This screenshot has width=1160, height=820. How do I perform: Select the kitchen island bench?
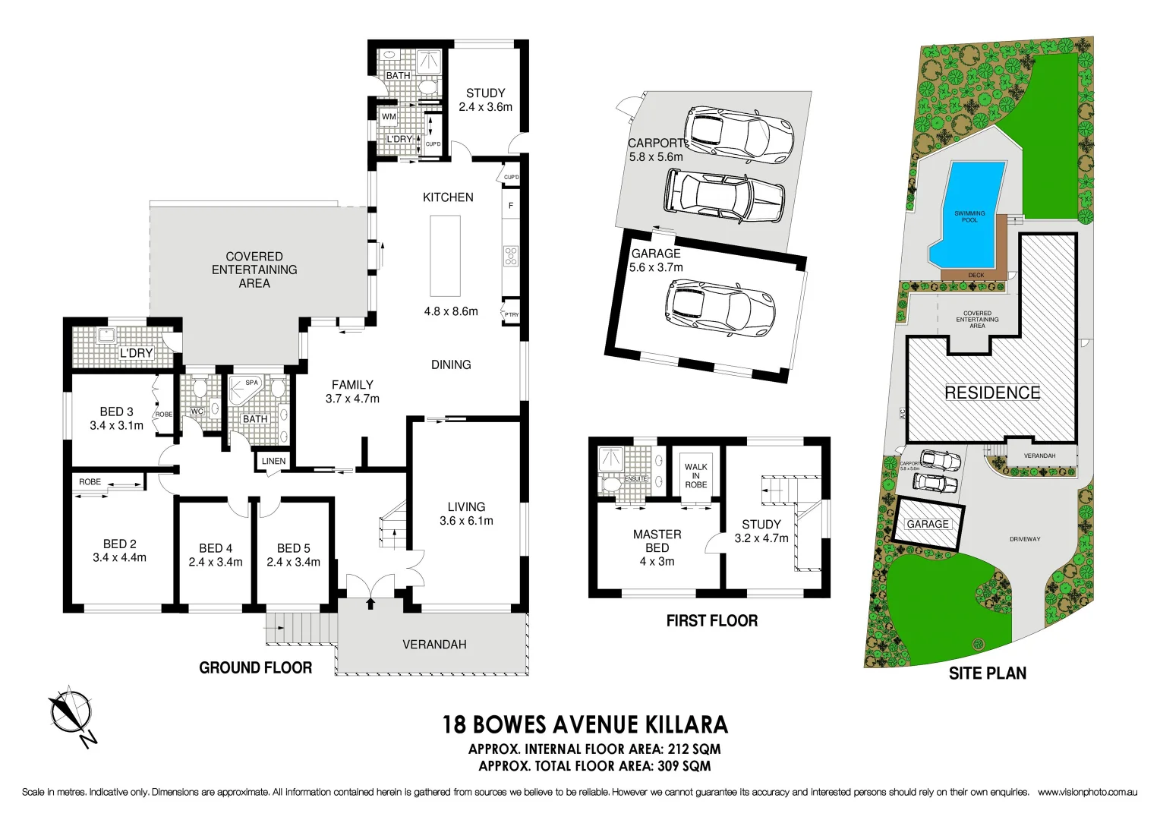pyautogui.click(x=446, y=256)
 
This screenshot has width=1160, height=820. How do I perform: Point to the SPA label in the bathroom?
pyautogui.click(x=251, y=383)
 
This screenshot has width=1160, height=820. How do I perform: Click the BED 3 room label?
pyautogui.click(x=116, y=412)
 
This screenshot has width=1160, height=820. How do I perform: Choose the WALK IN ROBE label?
pyautogui.click(x=695, y=476)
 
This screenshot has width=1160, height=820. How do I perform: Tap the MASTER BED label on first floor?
pyautogui.click(x=657, y=541)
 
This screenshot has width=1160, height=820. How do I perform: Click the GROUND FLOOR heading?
pyautogui.click(x=255, y=668)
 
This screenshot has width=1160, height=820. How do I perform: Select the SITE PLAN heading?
pyautogui.click(x=987, y=673)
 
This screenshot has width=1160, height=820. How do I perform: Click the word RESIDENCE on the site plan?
pyautogui.click(x=992, y=393)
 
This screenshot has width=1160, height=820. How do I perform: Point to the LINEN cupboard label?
pyautogui.click(x=273, y=461)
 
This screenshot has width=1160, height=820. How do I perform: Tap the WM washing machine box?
pyautogui.click(x=389, y=117)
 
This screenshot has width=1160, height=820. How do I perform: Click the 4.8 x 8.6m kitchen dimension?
pyautogui.click(x=451, y=311)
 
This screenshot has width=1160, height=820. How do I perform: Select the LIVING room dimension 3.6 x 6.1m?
pyautogui.click(x=466, y=521)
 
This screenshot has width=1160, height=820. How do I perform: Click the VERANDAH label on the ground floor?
pyautogui.click(x=434, y=645)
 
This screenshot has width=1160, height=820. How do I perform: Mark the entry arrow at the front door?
pyautogui.click(x=370, y=604)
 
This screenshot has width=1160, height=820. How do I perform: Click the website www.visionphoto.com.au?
pyautogui.click(x=1087, y=792)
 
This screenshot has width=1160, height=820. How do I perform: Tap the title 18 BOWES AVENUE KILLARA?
pyautogui.click(x=585, y=724)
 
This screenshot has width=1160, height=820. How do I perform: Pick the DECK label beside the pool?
pyautogui.click(x=976, y=275)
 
